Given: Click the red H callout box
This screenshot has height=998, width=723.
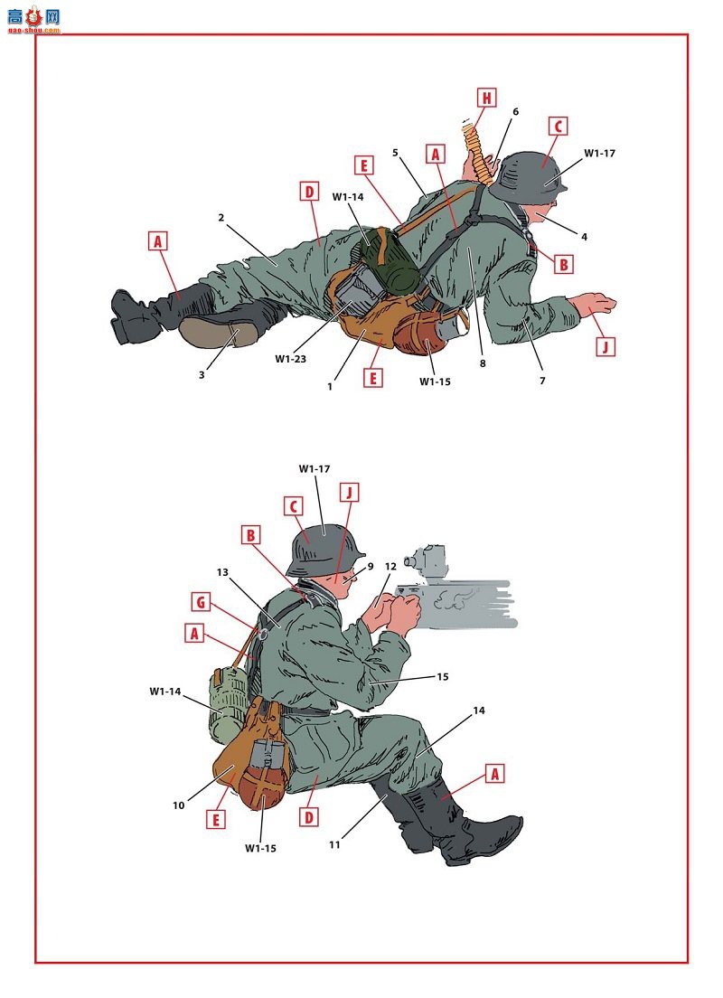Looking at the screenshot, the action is (487, 98).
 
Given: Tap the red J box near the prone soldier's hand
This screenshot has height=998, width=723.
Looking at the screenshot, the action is (606, 347).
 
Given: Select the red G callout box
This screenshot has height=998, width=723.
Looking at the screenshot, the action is (202, 602).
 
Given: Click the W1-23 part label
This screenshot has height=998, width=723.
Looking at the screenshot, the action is (291, 359).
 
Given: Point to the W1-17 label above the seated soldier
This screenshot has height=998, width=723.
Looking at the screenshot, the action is (315, 469).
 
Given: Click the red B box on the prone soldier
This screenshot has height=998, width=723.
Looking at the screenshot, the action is (563, 264).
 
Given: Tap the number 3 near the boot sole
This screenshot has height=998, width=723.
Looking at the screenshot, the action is (202, 375).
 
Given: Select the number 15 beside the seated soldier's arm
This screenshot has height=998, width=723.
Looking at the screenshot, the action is (442, 676).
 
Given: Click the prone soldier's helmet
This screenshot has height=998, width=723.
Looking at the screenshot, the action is (528, 176).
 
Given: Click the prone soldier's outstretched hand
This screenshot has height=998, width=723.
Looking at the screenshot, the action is (593, 303).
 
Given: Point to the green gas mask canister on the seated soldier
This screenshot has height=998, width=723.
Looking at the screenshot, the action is (227, 704).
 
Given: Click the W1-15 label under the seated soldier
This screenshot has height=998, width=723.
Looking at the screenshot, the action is (260, 849).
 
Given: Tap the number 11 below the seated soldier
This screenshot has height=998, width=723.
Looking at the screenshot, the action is (334, 845).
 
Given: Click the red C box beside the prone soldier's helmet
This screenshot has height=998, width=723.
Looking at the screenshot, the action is (559, 126).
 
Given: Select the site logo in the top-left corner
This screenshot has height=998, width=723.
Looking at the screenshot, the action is (34, 20).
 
